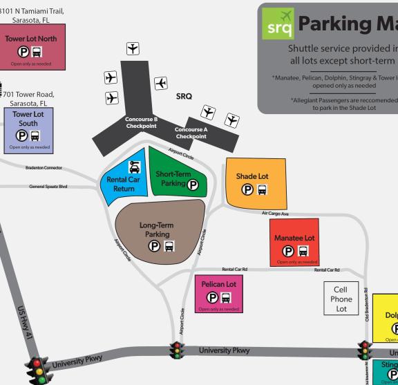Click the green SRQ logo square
[x=278, y=24]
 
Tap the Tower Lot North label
[x=31, y=39]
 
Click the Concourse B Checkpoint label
[x=141, y=122]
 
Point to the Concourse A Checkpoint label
[x=191, y=133]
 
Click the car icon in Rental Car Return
[x=134, y=167]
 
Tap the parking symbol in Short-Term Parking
[x=193, y=185]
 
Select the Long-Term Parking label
[x=157, y=229]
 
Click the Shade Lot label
[x=252, y=176]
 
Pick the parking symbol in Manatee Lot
[x=289, y=250]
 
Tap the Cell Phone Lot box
[x=341, y=299]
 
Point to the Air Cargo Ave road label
[x=274, y=213]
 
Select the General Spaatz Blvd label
[x=48, y=187]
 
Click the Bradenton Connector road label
[x=44, y=167]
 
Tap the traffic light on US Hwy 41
[x=37, y=370]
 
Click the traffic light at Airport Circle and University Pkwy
[x=178, y=351]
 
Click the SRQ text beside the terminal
[x=184, y=96]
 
